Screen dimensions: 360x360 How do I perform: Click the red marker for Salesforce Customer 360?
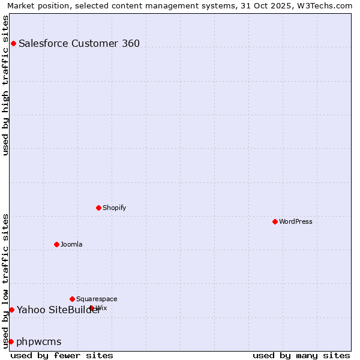pos(13,43)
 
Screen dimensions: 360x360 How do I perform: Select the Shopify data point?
pos(98,208)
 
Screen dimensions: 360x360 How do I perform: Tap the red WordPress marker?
pos(275,221)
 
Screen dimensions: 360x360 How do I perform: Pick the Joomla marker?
pos(56,244)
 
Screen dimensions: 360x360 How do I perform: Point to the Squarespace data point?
pos(72,299)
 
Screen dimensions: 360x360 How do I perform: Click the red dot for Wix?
pos(91,308)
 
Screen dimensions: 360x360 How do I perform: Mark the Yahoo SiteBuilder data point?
pos(11,310)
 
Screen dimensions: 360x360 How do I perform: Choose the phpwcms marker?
pos(11,341)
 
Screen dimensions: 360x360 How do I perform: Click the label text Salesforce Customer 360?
pos(79,43)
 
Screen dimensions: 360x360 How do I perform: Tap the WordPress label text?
pos(296,221)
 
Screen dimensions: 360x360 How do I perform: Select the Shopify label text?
pos(115,208)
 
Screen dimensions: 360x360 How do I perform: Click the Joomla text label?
pos(71,244)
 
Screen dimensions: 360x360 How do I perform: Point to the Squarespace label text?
pos(97,299)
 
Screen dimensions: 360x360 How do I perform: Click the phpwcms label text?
pos(39,341)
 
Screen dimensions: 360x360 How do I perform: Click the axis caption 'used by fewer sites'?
pos(62,355)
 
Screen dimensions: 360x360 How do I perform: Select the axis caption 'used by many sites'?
pos(301,355)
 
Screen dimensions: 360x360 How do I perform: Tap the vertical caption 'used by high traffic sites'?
pos(5,85)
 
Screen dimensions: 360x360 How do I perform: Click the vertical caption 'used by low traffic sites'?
pos(5,281)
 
